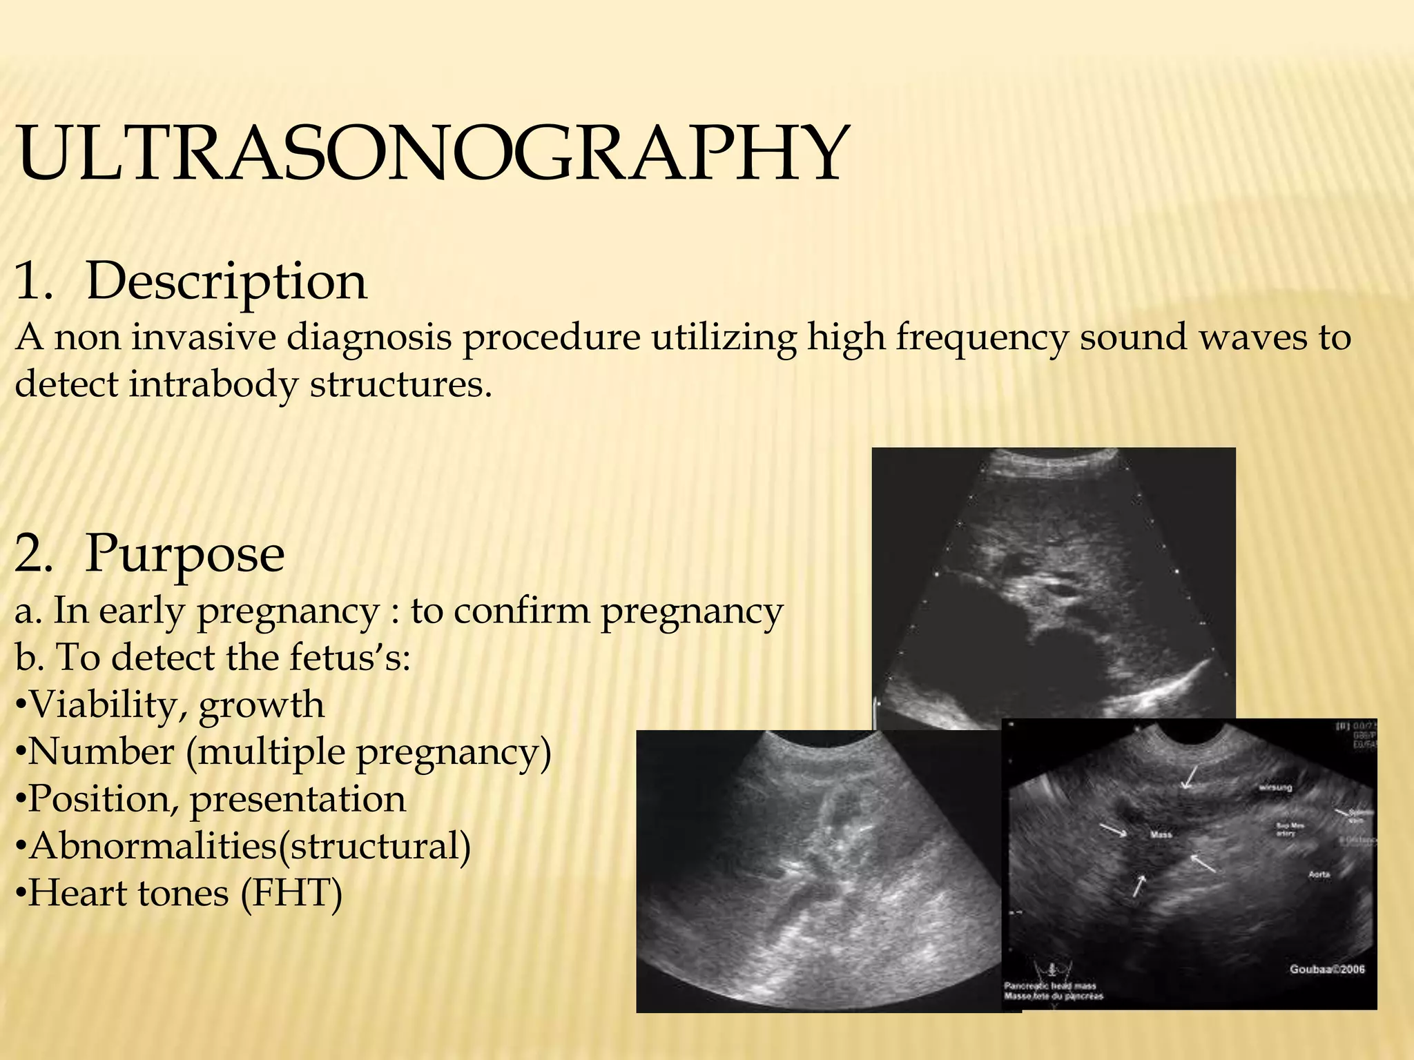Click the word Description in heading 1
point(226,282)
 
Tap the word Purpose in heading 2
point(184,553)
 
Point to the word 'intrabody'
point(213,384)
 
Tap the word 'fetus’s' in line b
point(350,658)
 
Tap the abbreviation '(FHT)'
point(291,893)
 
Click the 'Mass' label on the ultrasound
point(1161,835)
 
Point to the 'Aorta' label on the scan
point(1319,874)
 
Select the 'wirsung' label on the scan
point(1275,787)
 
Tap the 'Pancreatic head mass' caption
point(1049,986)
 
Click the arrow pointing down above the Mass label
point(1189,777)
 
